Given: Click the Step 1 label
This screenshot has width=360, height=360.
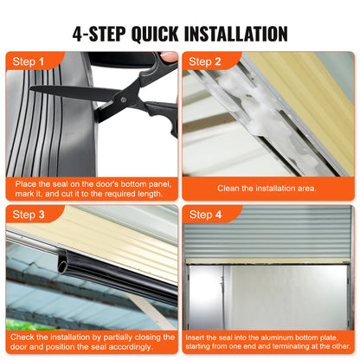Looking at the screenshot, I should coord(27,61).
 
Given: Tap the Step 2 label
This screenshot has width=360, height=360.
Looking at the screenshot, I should coord(207,61).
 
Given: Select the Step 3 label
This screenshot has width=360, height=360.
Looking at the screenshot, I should coord(27,214).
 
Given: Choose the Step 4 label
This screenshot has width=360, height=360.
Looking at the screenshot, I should coord(207,214).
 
